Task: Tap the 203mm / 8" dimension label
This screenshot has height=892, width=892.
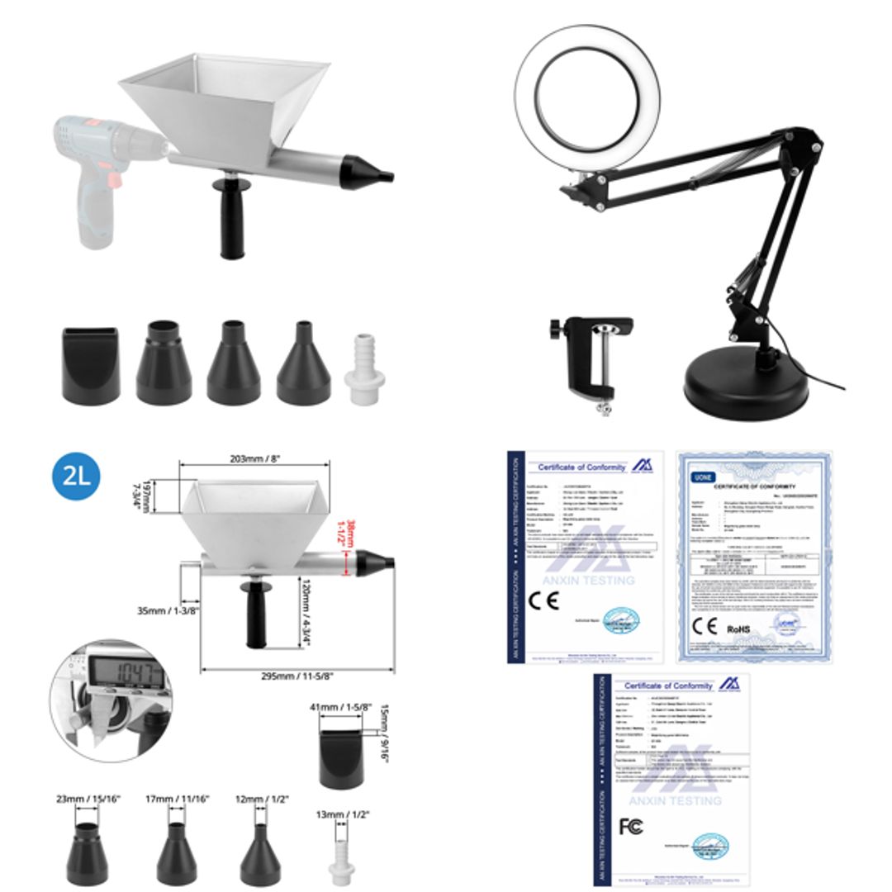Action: point(254,461)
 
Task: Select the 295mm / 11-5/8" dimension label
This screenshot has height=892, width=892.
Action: point(297,676)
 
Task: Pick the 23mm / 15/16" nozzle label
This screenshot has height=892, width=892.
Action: point(88,799)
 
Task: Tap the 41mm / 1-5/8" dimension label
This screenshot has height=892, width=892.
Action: point(341,707)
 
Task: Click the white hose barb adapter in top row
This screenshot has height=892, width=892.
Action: point(364,368)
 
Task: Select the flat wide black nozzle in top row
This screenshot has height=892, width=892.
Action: point(91,364)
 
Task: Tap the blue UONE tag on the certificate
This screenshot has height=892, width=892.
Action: point(704,477)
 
